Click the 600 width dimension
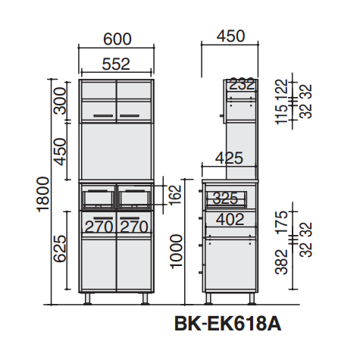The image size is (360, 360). pyautogui.click(x=117, y=39)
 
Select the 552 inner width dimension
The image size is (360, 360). pyautogui.click(x=116, y=64)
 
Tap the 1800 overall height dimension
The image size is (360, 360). pyautogui.click(x=43, y=194)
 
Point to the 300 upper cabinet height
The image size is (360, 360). pyautogui.click(x=61, y=101)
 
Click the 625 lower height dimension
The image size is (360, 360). pyautogui.click(x=60, y=249)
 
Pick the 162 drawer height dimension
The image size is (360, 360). pyautogui.click(x=176, y=196)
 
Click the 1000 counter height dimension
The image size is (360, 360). pyautogui.click(x=176, y=252)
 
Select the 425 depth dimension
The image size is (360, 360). pyautogui.click(x=229, y=158)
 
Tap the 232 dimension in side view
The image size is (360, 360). pyautogui.click(x=242, y=84)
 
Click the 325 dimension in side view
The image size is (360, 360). pyautogui.click(x=225, y=199)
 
